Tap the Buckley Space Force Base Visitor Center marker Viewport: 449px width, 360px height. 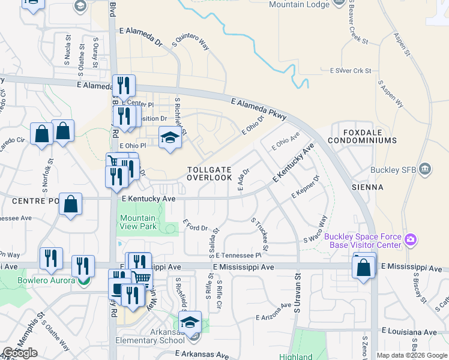coord(411,241)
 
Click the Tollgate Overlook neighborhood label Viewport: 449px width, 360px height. coord(209,174)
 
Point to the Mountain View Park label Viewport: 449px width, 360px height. coord(138,222)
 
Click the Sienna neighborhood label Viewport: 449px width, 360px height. coord(369,187)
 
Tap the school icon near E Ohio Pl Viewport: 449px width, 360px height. coord(170,138)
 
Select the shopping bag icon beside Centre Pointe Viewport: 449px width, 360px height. coord(71,205)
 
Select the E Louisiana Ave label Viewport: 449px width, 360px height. coord(411,331)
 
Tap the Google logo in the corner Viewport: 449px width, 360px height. coord(20,353)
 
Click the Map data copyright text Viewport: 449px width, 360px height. coord(412,355)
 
